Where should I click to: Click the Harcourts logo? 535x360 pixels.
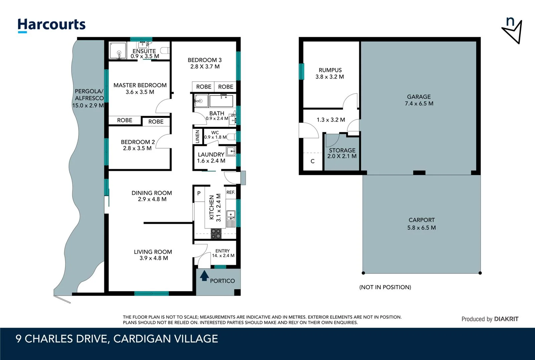[51, 25]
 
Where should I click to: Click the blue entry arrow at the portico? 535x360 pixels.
[204, 276]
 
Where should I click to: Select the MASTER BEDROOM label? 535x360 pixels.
[140, 85]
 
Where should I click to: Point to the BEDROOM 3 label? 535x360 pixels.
[205, 60]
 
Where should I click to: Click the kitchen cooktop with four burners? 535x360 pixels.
[216, 233]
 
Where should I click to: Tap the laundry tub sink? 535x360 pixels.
[231, 151]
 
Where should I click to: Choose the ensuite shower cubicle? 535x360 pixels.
[118, 51]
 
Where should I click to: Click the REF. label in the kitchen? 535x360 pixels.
[231, 192]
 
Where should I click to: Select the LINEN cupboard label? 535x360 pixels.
[197, 137]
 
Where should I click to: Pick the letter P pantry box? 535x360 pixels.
[199, 193]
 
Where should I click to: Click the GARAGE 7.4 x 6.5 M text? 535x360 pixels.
[419, 100]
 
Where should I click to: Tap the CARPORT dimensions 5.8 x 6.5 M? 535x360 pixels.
[422, 228]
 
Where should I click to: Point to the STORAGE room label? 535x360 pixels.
[342, 150]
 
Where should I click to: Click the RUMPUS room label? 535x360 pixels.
[330, 70]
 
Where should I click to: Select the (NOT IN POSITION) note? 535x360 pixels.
[385, 287]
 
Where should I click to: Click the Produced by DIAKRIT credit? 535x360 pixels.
[490, 319]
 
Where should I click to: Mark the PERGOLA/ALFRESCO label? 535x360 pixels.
[89, 95]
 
